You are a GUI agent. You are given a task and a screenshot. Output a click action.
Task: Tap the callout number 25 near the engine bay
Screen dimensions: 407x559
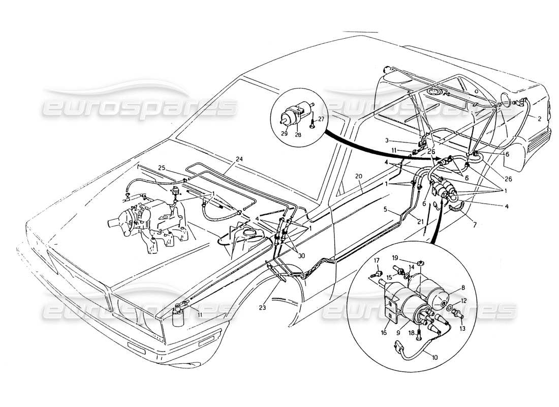[162, 167]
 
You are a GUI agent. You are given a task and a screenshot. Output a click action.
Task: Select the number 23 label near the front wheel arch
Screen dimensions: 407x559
[275, 307]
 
